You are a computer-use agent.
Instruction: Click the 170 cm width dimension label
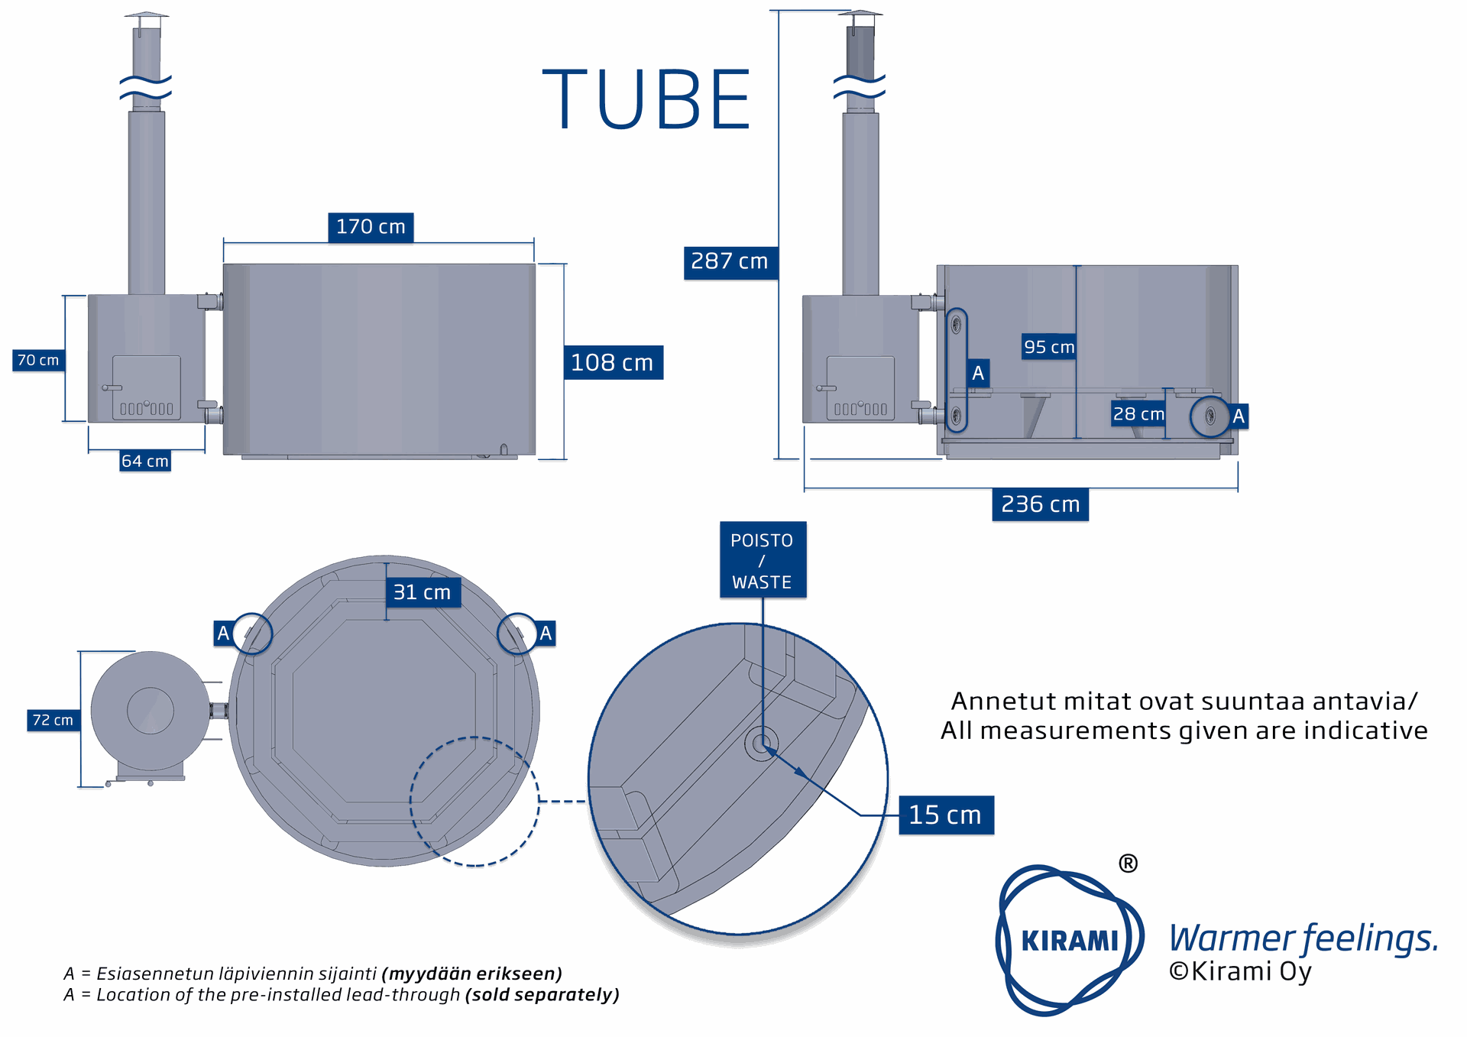pyautogui.click(x=371, y=227)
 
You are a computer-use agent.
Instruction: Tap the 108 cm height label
pyautogui.click(x=613, y=362)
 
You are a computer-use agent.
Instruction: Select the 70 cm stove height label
pyautogui.click(x=38, y=360)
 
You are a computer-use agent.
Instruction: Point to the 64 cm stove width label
pyautogui.click(x=145, y=461)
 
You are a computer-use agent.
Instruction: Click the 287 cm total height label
pyautogui.click(x=730, y=261)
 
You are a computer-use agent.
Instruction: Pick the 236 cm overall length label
pyautogui.click(x=1040, y=504)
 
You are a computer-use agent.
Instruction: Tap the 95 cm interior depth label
pyautogui.click(x=1049, y=347)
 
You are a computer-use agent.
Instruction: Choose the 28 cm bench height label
pyautogui.click(x=1138, y=414)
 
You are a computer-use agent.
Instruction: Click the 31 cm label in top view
pyautogui.click(x=423, y=592)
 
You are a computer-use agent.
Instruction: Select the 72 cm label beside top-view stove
pyautogui.click(x=53, y=720)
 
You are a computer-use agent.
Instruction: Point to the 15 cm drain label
pyautogui.click(x=945, y=815)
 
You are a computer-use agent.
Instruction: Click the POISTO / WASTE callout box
pyautogui.click(x=762, y=560)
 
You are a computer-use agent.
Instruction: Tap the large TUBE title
pyautogui.click(x=646, y=100)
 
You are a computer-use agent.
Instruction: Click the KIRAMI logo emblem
pyautogui.click(x=1069, y=940)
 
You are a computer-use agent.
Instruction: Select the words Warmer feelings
pyautogui.click(x=1303, y=938)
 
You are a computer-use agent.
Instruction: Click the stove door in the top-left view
pyautogui.click(x=147, y=387)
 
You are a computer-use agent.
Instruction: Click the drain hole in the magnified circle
pyautogui.click(x=761, y=743)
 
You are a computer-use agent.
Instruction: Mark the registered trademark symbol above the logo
pyautogui.click(x=1128, y=864)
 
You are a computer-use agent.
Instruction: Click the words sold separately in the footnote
pyautogui.click(x=542, y=995)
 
